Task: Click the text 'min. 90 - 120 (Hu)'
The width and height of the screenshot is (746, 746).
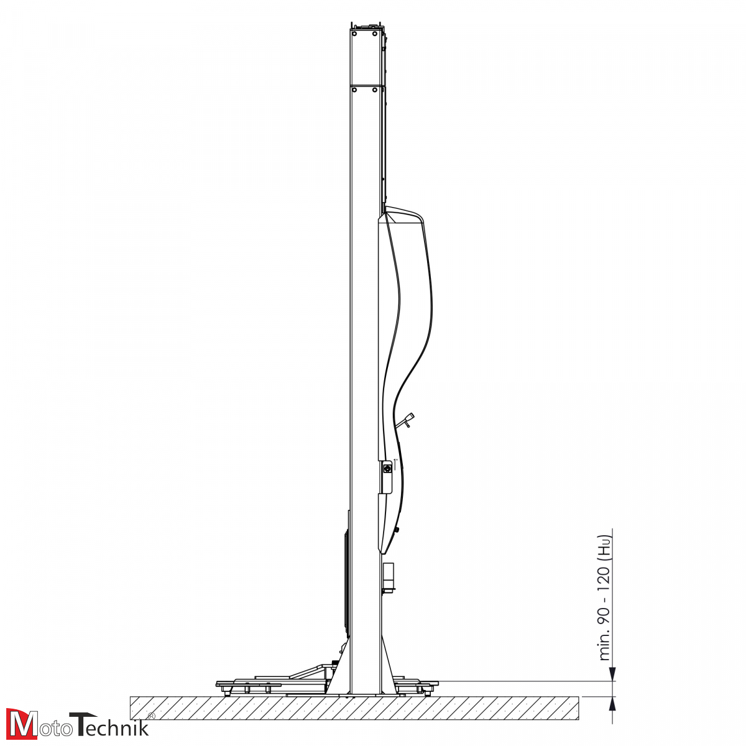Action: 604,590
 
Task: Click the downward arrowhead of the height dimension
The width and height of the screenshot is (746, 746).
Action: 613,675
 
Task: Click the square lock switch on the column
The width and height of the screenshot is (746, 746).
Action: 387,468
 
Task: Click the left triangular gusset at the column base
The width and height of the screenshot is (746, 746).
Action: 341,675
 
